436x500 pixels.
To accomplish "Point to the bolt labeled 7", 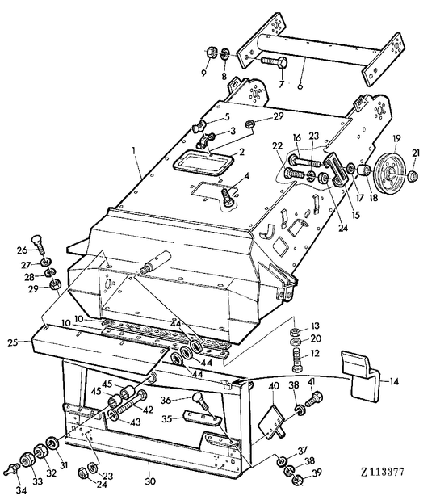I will point(273,62).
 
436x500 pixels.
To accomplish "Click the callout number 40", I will point(274,386).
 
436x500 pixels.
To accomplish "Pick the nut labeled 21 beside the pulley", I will point(413,175).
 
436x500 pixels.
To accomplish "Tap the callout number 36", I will point(165,399).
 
